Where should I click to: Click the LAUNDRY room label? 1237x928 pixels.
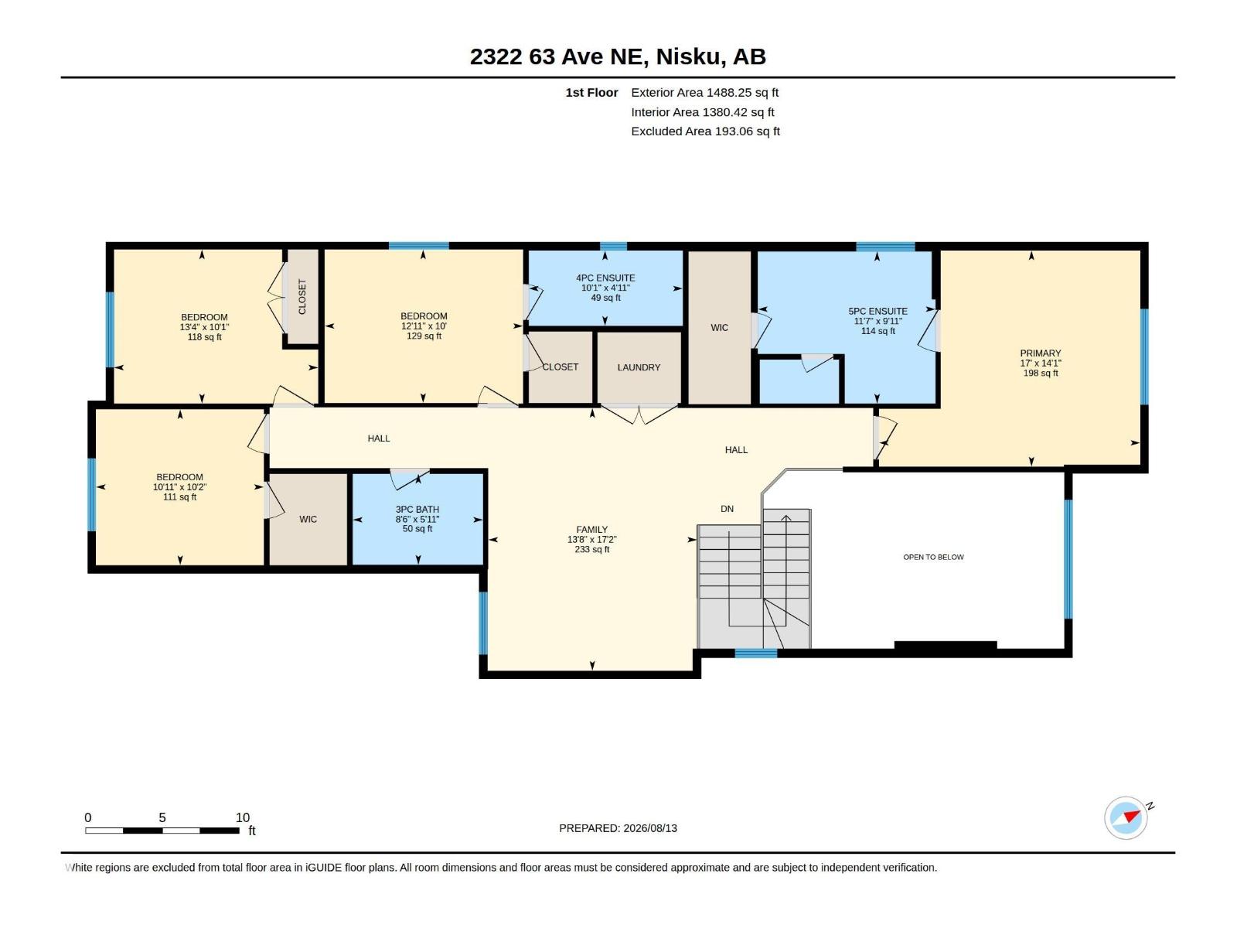pos(639,367)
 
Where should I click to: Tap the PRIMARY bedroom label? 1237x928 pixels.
pos(1041,353)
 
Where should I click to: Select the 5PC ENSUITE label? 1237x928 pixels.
pos(878,311)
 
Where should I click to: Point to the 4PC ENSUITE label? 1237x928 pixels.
pos(605,278)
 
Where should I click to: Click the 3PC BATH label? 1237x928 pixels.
pos(417,510)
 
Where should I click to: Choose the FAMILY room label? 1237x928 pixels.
pos(591,530)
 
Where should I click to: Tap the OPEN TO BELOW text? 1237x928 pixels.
pos(933,558)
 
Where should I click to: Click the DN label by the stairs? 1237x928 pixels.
pos(727,509)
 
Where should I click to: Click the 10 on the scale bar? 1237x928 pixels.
pos(242,817)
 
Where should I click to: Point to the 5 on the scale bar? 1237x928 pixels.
pos(162,817)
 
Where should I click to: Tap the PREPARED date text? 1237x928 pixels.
pos(618,828)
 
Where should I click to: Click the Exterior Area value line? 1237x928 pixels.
pos(705,92)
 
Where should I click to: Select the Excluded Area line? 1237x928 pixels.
pos(706,131)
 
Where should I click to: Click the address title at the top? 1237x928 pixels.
pos(618,56)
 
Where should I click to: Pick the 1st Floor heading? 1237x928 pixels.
pos(591,92)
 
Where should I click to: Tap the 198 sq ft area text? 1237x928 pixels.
pos(1041,373)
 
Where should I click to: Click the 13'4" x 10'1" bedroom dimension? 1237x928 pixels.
pos(204,327)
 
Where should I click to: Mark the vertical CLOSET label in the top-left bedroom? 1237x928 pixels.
pos(302,297)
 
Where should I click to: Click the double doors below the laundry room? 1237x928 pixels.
pos(639,415)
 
